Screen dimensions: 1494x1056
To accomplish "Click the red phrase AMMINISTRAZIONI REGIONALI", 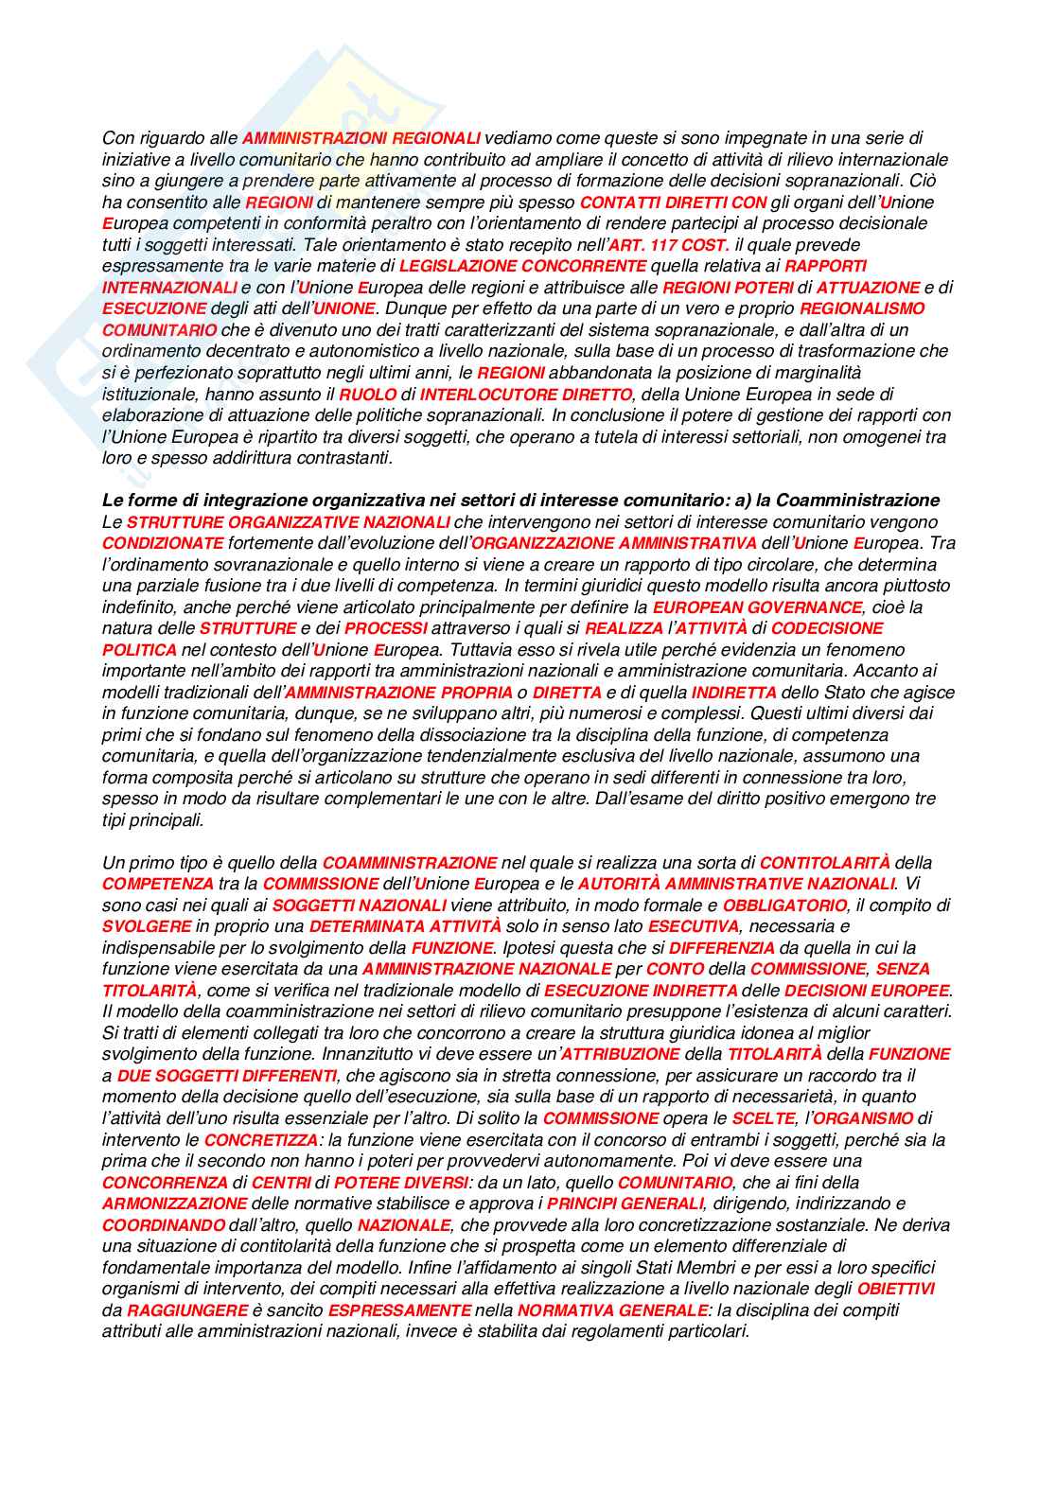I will click(361, 138).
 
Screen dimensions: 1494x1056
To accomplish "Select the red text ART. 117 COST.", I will click(669, 245).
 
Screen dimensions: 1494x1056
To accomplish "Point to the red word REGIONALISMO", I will click(862, 308).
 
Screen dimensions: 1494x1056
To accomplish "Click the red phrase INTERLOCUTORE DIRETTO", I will click(525, 394).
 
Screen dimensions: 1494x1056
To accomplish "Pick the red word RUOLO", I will click(367, 394).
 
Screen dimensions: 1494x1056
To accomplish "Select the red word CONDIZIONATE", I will click(163, 543).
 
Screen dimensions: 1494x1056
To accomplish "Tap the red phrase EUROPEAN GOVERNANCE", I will click(757, 606).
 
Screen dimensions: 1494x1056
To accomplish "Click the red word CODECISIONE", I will click(827, 628).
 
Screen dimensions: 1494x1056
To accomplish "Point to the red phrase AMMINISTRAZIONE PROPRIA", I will click(398, 693).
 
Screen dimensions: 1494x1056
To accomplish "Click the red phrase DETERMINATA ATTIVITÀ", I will click(405, 926).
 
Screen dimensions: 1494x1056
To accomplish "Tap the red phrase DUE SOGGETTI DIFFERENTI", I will click(226, 1076).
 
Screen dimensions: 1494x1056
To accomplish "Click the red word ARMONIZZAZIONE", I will click(174, 1204).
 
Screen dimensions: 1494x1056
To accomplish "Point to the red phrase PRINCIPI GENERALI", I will click(625, 1204).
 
